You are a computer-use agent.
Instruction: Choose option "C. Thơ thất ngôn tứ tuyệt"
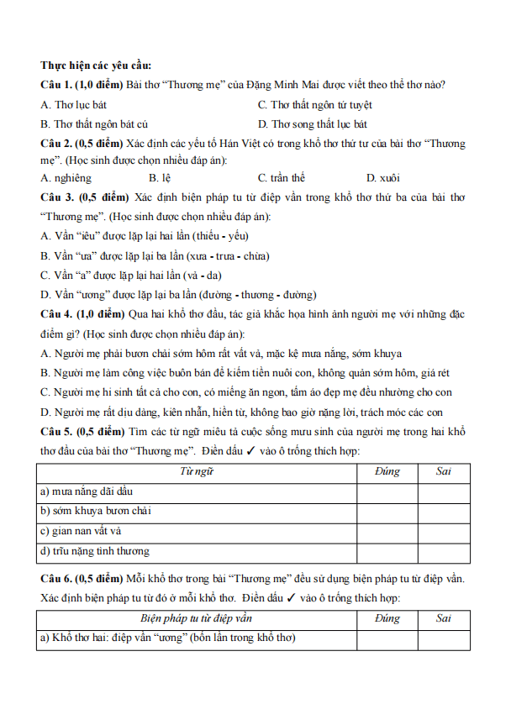(x=315, y=105)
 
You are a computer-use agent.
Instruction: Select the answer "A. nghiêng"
(x=66, y=178)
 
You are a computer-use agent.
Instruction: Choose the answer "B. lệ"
(x=160, y=178)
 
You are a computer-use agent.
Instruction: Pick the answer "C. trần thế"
(x=282, y=178)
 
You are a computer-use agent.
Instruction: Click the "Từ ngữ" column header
(x=197, y=471)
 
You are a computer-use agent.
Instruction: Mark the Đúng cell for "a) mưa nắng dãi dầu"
(x=387, y=491)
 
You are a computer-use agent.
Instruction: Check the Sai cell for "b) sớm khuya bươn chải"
(x=444, y=512)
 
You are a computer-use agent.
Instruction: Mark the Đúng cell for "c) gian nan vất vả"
(x=387, y=532)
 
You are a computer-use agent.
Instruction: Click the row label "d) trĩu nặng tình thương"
(x=94, y=552)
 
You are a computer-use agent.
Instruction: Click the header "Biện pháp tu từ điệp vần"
(x=197, y=619)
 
